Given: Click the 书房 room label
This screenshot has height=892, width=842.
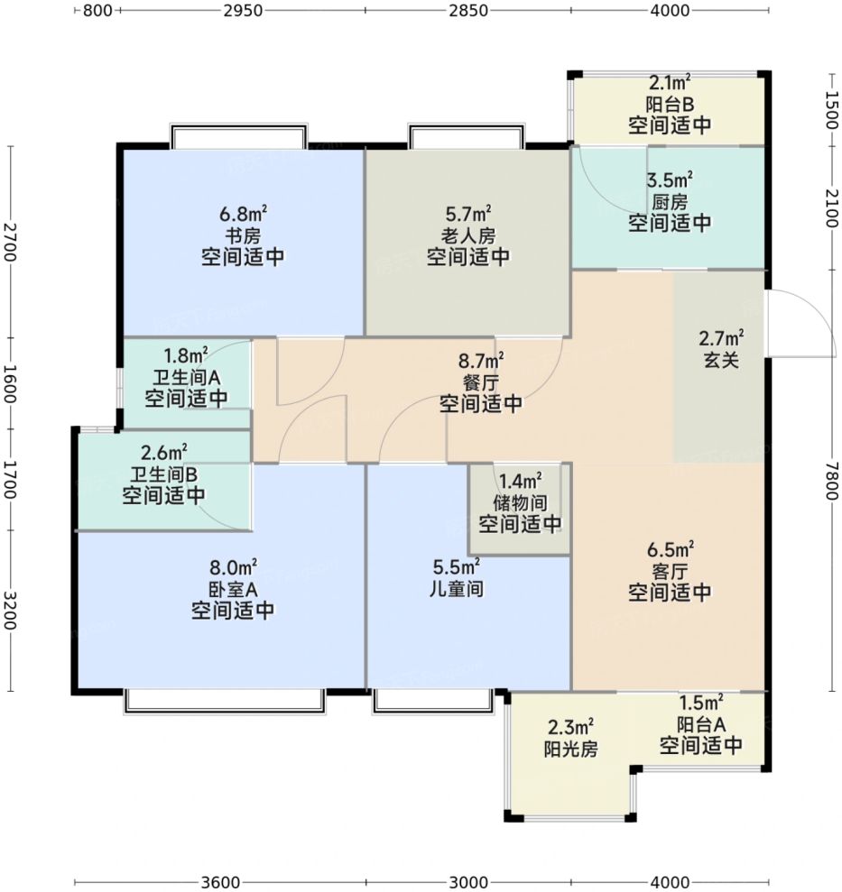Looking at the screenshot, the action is tap(243, 234).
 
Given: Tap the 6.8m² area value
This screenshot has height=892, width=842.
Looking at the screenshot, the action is tap(243, 214).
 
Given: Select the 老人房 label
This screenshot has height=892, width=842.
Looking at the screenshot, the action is tap(468, 234).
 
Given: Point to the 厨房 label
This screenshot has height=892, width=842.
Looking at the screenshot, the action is tap(670, 201).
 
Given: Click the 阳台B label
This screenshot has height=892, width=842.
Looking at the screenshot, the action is tap(670, 104).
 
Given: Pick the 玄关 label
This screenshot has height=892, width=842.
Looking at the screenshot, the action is tap(721, 360).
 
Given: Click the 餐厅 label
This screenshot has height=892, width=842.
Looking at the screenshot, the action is tap(480, 382).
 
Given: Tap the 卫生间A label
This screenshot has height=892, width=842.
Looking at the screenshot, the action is tap(186, 377).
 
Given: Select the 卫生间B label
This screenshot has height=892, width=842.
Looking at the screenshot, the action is tap(164, 474).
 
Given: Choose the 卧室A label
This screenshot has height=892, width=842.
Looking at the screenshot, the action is tap(233, 589).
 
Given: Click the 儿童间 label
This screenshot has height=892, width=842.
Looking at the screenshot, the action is tap(456, 588).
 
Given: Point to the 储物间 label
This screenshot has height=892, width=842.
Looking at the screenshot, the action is tap(520, 502).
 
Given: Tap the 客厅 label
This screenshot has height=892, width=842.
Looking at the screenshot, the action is tap(670, 571).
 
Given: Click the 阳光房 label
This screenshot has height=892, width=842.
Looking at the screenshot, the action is tap(570, 749).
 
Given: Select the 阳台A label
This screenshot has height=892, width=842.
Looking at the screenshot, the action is tap(701, 724).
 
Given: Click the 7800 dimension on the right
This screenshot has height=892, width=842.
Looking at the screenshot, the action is tap(832, 481).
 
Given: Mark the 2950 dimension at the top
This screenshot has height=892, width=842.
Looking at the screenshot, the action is tap(243, 10).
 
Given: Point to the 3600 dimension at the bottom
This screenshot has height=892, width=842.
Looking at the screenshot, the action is tap(220, 882).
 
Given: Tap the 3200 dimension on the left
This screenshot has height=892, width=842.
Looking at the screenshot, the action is tap(10, 611).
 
